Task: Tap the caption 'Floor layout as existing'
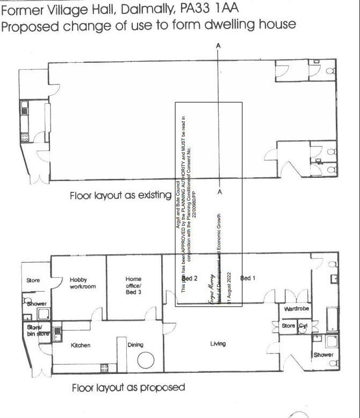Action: (x=120, y=196)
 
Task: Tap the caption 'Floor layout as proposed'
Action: (x=128, y=387)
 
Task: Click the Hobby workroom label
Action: (x=82, y=283)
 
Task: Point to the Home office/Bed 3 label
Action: (x=133, y=283)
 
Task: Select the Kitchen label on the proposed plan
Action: (x=81, y=345)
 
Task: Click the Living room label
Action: (x=218, y=344)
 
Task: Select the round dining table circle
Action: (x=146, y=361)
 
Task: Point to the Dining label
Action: (x=135, y=345)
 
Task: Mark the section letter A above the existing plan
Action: (x=218, y=46)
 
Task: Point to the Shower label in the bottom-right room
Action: (x=323, y=355)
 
